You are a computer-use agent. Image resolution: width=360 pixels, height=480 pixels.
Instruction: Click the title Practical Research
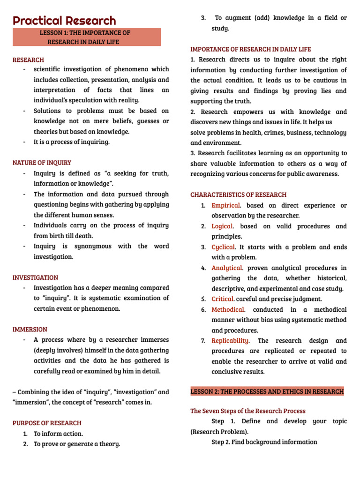(x=64, y=21)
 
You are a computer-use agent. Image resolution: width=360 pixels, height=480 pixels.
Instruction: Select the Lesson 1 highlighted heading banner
(x=87, y=37)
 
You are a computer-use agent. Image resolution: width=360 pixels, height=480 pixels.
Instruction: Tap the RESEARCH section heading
(x=28, y=60)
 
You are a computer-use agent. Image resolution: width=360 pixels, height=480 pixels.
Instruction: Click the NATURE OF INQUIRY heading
(x=42, y=163)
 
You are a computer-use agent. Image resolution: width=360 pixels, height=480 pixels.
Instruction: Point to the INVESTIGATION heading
(x=35, y=277)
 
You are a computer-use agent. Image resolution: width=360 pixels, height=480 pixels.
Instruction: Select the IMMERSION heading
(x=30, y=329)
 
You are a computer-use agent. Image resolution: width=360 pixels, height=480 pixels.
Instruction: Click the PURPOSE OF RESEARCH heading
(x=47, y=423)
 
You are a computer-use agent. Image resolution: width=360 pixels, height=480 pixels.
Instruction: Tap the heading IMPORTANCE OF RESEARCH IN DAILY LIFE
(x=250, y=49)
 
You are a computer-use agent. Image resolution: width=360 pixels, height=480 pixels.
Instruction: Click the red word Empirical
(x=225, y=205)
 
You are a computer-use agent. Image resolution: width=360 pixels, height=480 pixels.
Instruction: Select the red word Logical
(x=222, y=226)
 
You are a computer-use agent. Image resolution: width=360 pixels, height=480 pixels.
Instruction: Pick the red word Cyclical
(x=224, y=247)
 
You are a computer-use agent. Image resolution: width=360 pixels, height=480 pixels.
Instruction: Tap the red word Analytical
(x=227, y=268)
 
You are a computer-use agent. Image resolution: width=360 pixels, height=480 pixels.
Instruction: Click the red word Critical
(x=223, y=299)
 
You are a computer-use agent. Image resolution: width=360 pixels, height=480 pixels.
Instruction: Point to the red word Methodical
(x=228, y=309)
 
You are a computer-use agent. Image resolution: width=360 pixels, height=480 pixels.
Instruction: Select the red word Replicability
(x=230, y=340)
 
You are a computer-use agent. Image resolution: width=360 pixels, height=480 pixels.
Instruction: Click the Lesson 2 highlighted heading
(x=267, y=391)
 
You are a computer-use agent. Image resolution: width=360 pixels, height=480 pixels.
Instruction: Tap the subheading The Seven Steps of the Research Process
(x=247, y=411)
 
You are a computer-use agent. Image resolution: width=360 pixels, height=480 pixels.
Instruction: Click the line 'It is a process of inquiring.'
(x=71, y=142)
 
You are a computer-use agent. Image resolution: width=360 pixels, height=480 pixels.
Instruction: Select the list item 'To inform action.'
(x=58, y=434)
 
